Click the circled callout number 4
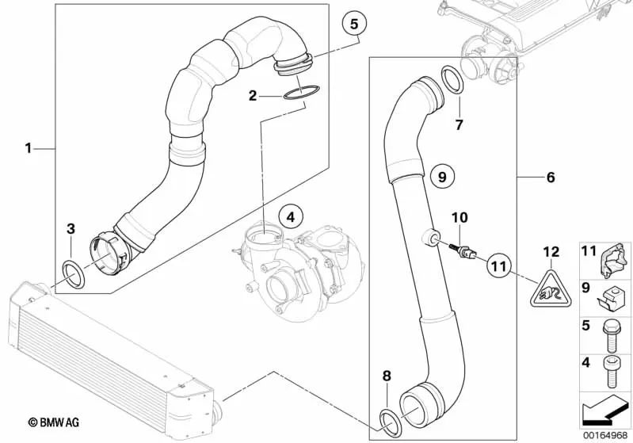coord(291,215)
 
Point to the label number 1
coord(29,147)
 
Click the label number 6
coord(551,178)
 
